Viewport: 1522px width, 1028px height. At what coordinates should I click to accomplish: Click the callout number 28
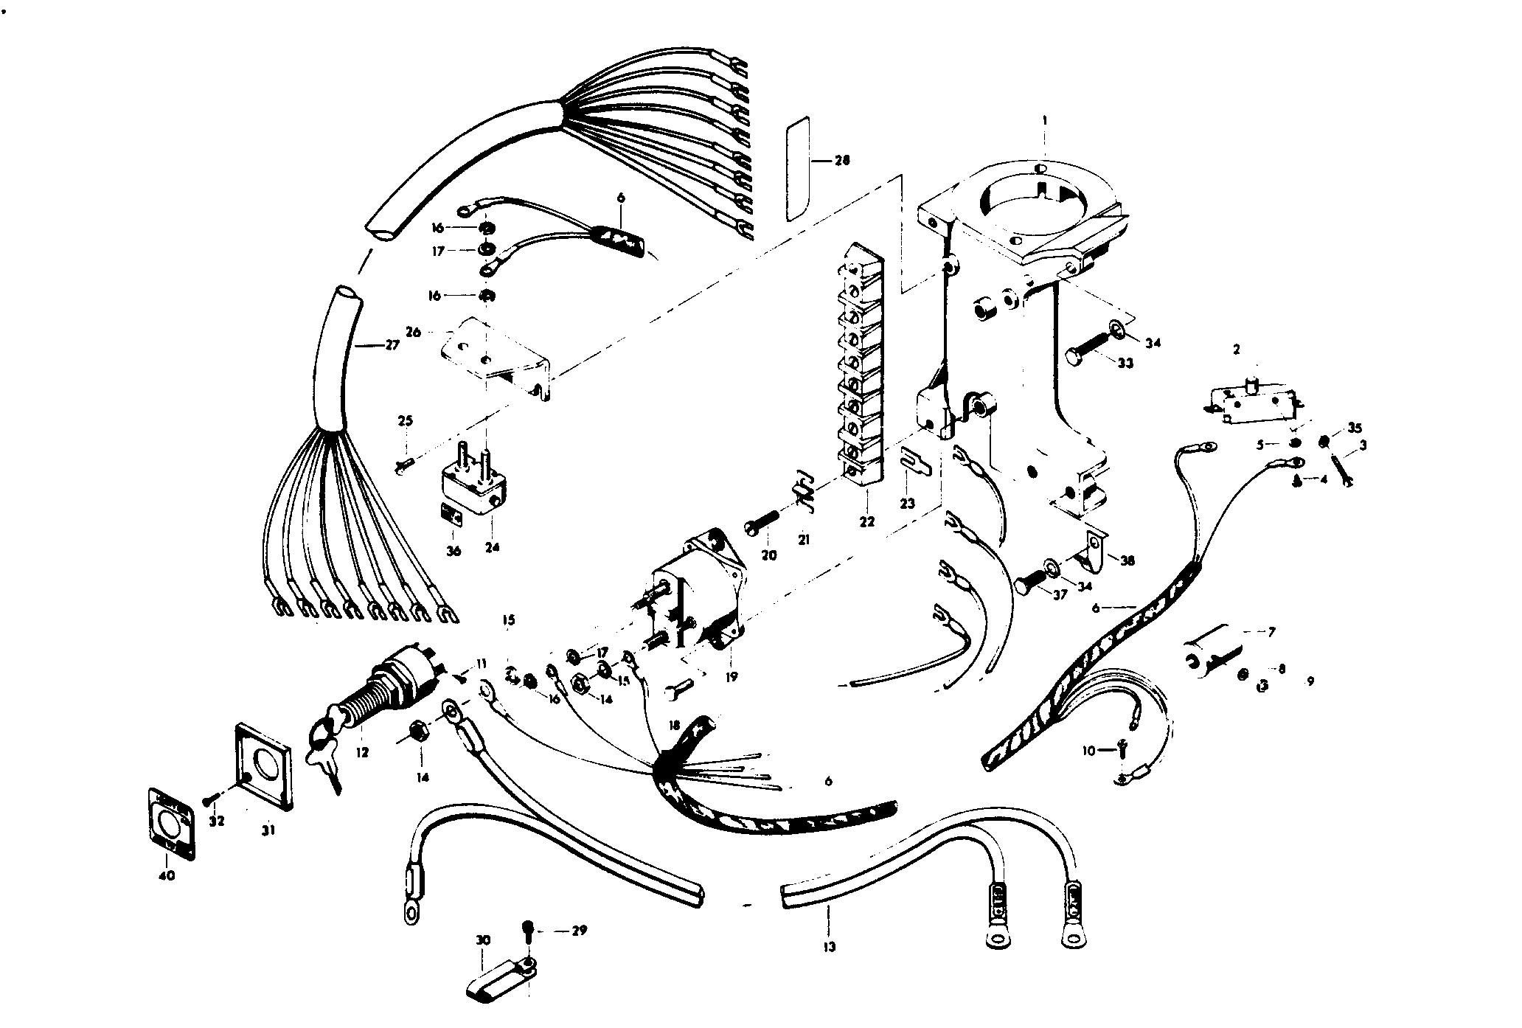841,161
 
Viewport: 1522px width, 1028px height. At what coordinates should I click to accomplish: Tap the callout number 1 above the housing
1045,119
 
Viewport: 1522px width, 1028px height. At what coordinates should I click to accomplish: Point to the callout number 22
866,521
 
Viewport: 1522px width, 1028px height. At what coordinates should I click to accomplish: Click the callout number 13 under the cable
830,947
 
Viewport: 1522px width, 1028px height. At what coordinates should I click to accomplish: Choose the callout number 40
167,876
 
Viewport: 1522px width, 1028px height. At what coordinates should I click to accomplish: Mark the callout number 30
484,941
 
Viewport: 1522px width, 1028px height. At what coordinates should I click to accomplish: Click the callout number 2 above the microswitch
1237,349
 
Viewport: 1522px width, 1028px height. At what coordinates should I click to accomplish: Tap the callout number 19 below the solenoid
731,676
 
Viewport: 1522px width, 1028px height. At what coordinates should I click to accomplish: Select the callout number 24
492,547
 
